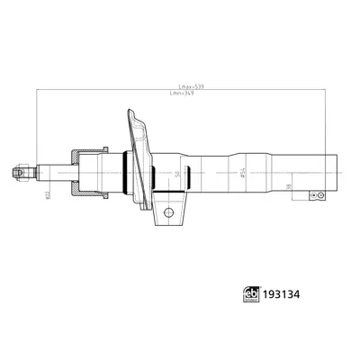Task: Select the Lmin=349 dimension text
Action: tap(183, 94)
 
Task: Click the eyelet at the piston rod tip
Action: tap(20, 168)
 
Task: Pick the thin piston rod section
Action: tap(49, 168)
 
